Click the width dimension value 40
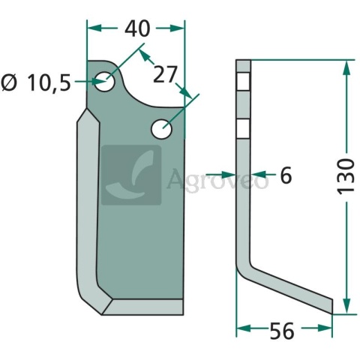pos(136,28)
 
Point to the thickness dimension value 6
pos(285,175)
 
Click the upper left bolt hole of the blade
pos(106,80)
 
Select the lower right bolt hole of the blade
pos(162,129)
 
